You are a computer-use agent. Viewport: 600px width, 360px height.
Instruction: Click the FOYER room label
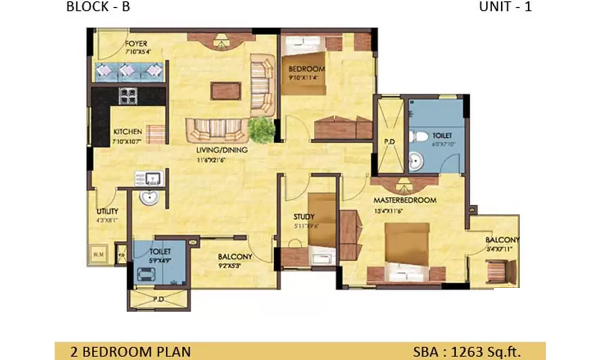point(136,44)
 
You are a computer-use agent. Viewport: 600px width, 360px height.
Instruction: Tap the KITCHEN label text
point(128,131)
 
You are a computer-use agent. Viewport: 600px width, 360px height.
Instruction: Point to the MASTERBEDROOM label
point(404,200)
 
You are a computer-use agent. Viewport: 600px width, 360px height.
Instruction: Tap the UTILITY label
point(107,211)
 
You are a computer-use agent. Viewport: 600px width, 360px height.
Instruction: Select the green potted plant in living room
point(261,128)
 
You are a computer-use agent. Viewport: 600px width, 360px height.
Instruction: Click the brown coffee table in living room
point(226,91)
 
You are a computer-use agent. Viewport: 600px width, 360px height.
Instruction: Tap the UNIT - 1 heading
point(505,7)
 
